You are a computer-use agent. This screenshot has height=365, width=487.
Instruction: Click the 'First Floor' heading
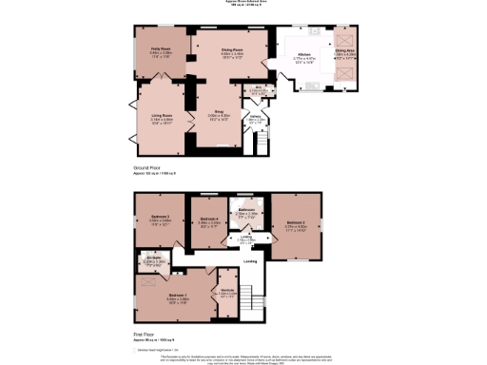tap(145, 335)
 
